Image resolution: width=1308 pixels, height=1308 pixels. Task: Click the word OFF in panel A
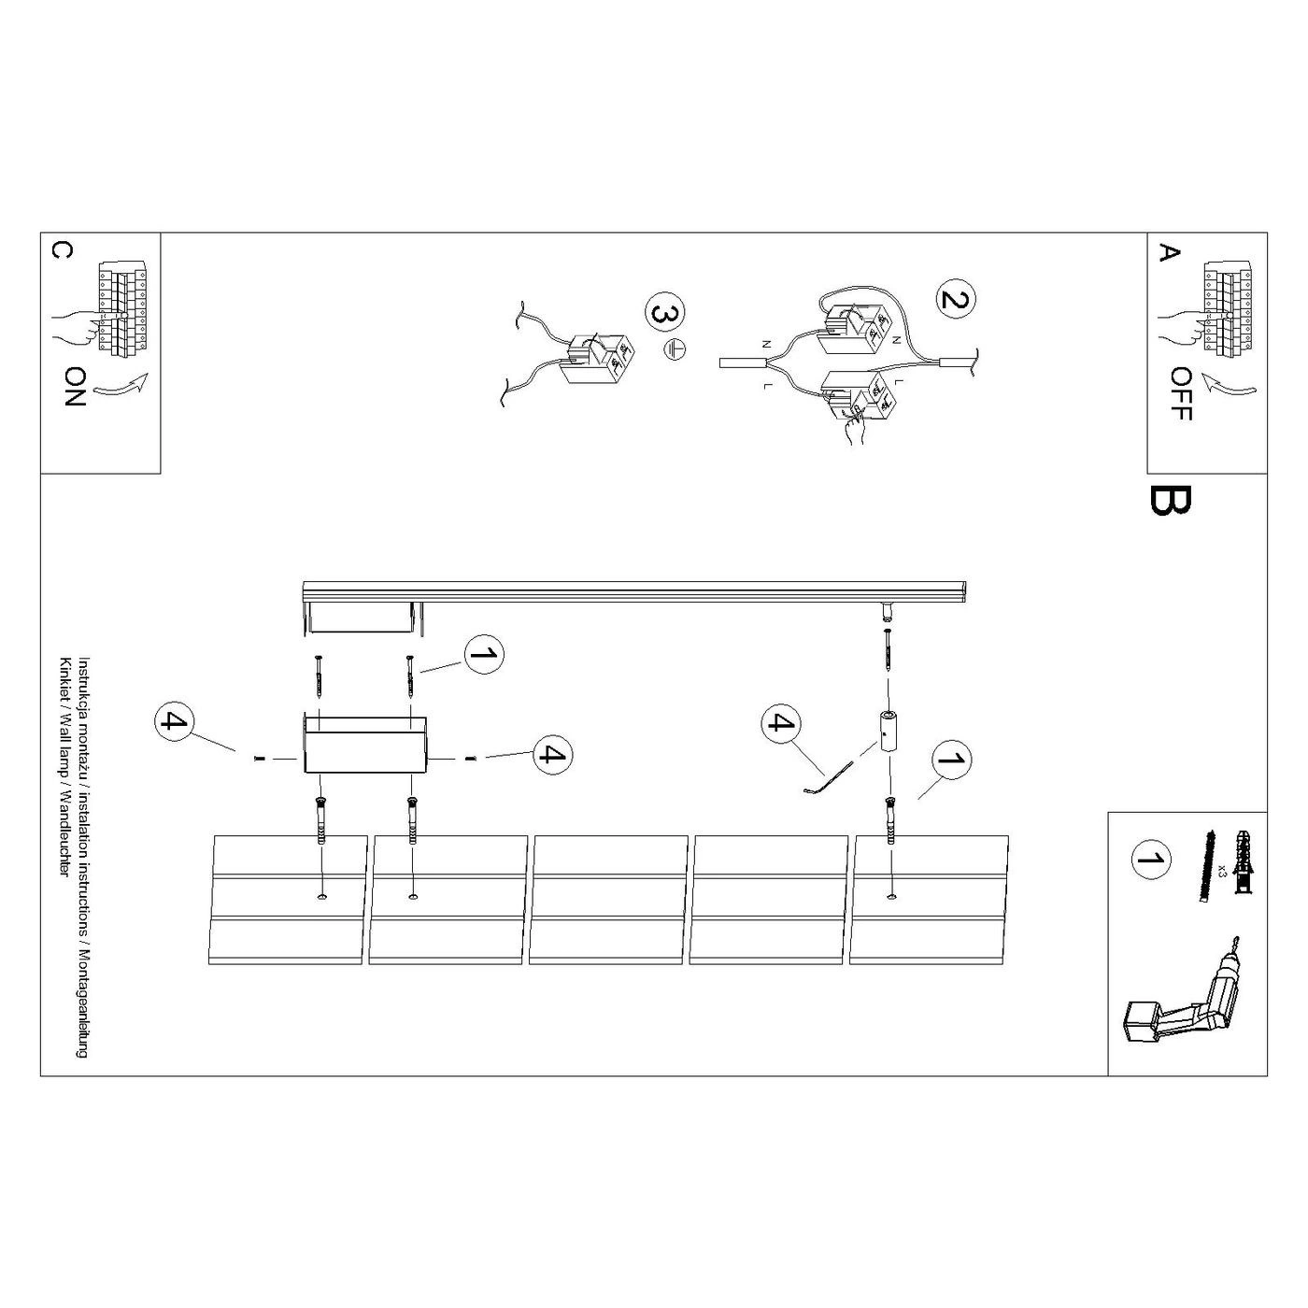coord(1182,393)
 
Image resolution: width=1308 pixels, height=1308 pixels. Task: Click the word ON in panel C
coord(76,388)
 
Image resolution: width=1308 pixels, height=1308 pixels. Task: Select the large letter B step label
coord(1170,501)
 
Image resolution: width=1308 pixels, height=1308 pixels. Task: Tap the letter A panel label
coord(1168,253)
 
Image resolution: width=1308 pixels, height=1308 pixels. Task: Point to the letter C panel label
coord(61,251)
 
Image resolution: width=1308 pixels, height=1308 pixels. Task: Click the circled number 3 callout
coord(664,314)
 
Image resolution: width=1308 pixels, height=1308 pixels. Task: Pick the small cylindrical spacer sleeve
coord(887,731)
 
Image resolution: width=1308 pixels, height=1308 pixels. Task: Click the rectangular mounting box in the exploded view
coord(363,745)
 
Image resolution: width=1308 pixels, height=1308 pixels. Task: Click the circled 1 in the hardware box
coord(1151,860)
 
